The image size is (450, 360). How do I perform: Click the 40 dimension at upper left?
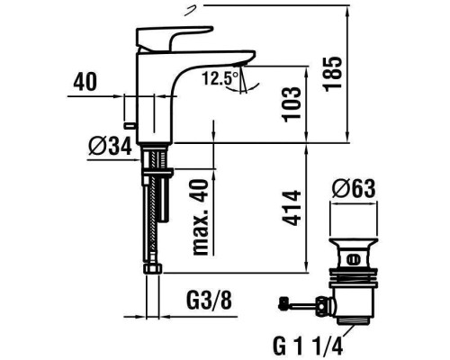click(x=85, y=81)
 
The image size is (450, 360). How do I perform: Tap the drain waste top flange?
click(x=355, y=246)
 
